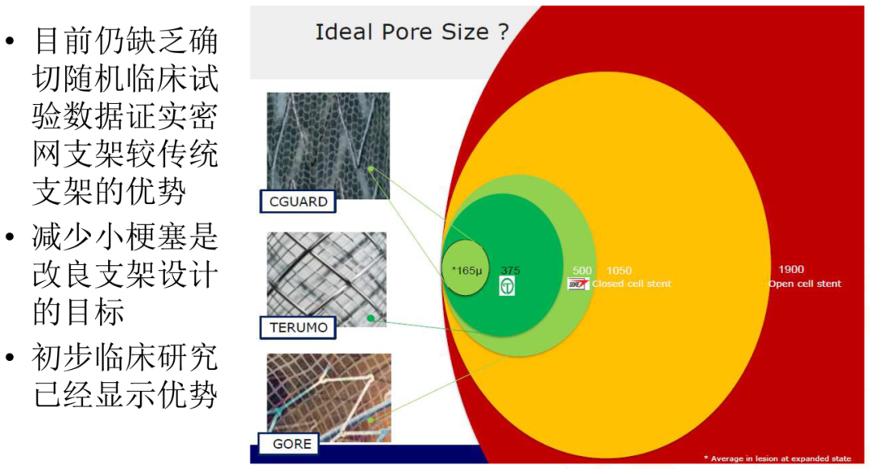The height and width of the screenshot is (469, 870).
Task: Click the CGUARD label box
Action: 298,201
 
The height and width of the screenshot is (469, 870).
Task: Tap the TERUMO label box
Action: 298,327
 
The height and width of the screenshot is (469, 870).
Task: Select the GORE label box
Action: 289,443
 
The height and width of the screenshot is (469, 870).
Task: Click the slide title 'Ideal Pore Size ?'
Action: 412,31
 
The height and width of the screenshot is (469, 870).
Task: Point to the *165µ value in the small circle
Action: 466,270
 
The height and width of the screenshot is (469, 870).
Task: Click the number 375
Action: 510,270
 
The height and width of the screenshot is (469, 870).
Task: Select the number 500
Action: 582,270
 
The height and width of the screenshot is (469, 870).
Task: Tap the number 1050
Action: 619,270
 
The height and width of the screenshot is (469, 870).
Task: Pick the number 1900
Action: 791,269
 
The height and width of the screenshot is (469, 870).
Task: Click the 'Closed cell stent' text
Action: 632,284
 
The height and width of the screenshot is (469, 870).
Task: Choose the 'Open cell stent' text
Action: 805,284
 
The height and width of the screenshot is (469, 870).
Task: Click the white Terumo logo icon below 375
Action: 507,286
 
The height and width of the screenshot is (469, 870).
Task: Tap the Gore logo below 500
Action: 578,284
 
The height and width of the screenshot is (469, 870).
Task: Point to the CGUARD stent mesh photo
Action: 328,145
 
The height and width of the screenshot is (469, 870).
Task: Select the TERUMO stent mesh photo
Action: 326,279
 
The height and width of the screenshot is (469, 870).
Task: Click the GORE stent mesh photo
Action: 329,397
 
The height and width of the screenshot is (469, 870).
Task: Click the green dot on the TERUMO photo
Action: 371,318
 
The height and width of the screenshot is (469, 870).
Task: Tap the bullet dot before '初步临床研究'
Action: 10,358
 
